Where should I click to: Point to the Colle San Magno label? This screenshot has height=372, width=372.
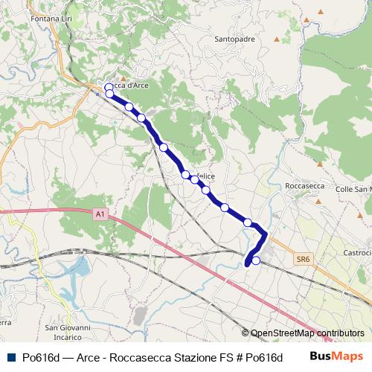[x=354, y=190]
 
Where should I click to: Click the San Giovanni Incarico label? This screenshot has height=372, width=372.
[x=68, y=331]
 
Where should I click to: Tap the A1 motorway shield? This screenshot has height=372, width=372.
[x=100, y=214]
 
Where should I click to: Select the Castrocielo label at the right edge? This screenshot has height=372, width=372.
[x=357, y=254]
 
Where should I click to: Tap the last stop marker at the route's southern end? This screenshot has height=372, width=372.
[x=256, y=260]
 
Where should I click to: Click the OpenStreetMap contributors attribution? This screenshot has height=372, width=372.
[x=307, y=333]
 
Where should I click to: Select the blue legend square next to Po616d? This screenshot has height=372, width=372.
[x=10, y=356]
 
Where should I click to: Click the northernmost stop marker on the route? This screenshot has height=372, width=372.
[x=109, y=87]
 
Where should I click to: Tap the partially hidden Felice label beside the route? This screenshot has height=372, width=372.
[x=205, y=176]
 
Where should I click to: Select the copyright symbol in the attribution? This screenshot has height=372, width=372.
[x=245, y=333]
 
